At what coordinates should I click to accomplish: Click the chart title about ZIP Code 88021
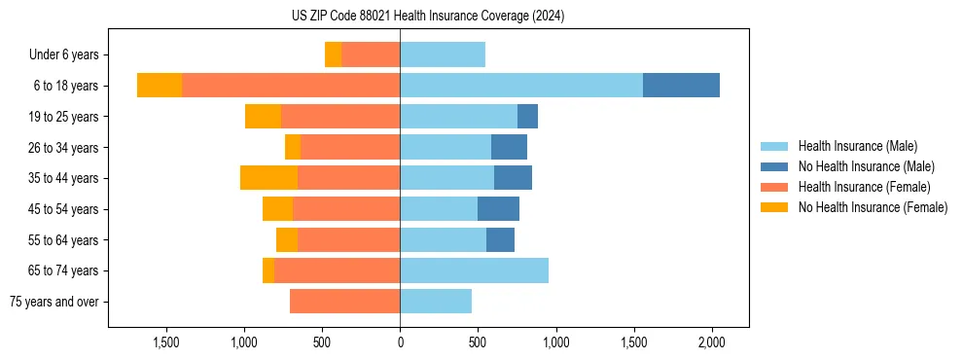coord(427,17)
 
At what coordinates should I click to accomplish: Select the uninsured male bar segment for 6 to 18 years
coord(681,86)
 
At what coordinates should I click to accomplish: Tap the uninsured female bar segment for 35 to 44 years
coord(268,178)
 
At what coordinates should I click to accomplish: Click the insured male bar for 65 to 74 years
coord(474,270)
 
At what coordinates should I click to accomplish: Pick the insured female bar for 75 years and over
coord(344,302)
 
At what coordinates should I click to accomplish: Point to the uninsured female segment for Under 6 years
coord(333,54)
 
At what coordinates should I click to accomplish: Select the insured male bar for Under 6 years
coord(443,54)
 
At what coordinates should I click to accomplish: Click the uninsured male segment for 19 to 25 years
coord(527,117)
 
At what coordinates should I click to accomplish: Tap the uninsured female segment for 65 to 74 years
coord(268,270)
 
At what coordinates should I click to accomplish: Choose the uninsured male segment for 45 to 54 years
coord(498,209)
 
